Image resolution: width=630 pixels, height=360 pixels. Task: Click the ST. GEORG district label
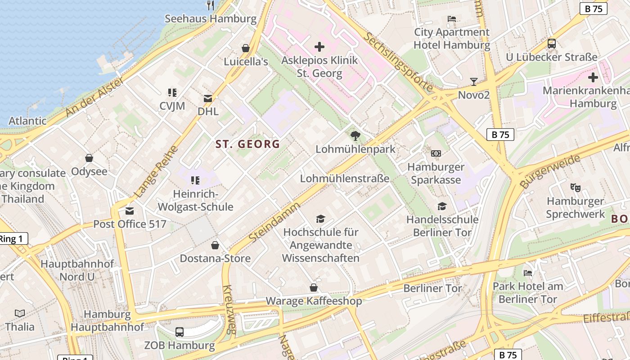(247, 144)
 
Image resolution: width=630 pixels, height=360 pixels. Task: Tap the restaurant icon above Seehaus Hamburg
(210, 5)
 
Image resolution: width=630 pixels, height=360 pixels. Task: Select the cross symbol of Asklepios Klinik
(319, 47)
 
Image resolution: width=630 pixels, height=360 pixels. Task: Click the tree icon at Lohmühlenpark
(355, 135)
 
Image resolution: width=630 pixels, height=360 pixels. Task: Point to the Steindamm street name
(274, 222)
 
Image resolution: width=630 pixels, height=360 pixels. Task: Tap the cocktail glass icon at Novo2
(473, 81)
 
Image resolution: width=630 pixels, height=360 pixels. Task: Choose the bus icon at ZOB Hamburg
(180, 332)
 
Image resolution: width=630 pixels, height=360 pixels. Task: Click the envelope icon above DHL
(208, 98)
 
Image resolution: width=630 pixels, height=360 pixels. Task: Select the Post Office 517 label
(130, 224)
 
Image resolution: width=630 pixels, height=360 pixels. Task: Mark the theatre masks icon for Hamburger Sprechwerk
(575, 188)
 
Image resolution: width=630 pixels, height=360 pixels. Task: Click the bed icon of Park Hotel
(528, 273)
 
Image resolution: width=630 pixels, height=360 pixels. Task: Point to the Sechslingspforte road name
(398, 62)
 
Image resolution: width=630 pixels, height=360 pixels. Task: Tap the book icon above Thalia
(20, 313)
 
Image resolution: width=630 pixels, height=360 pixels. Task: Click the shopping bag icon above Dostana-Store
(215, 245)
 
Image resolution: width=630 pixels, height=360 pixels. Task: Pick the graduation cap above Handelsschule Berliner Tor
(442, 206)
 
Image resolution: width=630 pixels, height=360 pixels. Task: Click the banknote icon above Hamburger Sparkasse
(436, 153)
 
